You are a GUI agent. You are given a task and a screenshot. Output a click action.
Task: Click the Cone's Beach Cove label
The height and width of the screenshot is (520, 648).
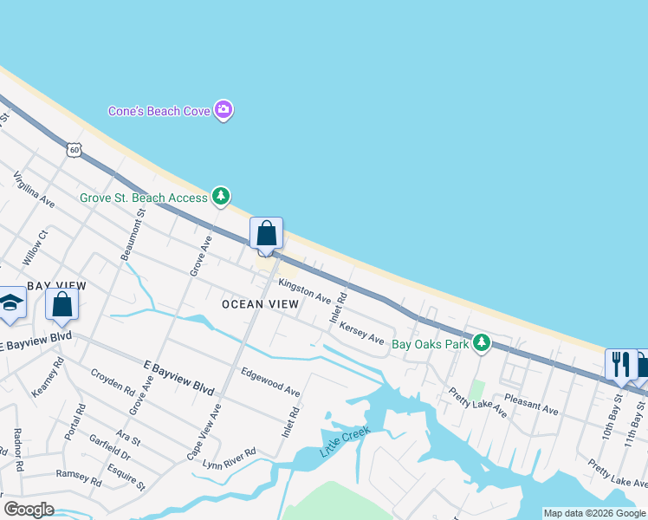pos(156,111)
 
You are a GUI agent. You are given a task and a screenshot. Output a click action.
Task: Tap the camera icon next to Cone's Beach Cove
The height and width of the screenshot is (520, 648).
pos(224,110)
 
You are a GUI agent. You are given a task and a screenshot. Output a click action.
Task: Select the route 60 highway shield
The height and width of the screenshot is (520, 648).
pos(75,150)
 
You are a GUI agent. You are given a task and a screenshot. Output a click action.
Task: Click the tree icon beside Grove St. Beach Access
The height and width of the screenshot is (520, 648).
pos(221,198)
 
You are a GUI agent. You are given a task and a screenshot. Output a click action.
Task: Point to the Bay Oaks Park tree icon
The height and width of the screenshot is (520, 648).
pos(482,344)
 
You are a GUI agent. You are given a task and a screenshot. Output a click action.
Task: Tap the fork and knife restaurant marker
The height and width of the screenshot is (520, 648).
pos(620,363)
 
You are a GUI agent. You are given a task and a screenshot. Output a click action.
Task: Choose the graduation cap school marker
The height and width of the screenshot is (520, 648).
pos(10,303)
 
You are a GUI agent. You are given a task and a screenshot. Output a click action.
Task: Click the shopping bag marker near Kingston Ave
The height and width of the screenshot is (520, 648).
pos(266,234)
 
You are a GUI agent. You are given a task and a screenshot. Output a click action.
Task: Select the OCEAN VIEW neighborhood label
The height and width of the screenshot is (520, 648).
pos(260,304)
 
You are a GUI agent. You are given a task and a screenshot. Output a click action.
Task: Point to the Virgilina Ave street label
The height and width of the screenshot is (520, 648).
pos(34,190)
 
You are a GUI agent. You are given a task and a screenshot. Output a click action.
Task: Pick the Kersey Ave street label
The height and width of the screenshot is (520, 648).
pos(362,334)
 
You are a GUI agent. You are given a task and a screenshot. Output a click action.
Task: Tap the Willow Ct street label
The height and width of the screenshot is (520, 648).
pos(36,247)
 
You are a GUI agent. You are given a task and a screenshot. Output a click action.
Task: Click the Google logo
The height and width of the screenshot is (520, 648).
pos(29,510)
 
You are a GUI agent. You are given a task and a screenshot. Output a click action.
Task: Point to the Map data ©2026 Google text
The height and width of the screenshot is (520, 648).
pos(593,513)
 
